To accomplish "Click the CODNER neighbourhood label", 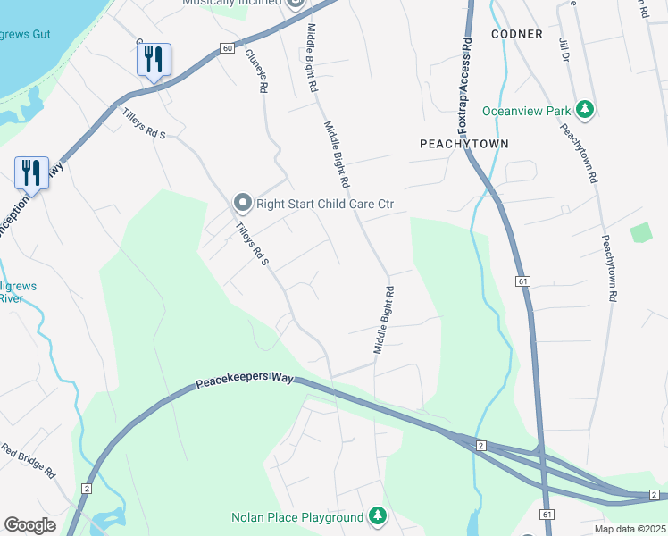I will [x=517, y=34].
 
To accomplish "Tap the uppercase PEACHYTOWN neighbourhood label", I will [x=464, y=143].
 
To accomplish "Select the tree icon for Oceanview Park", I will [x=585, y=110].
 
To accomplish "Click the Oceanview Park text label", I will [x=526, y=111].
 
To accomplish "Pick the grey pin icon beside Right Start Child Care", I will [x=242, y=204].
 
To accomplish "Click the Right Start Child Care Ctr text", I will [x=325, y=204].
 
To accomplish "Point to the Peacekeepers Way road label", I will [x=245, y=381].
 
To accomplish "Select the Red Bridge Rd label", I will [x=29, y=460].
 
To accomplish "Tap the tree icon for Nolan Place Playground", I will [x=378, y=516].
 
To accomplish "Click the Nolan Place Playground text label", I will [x=297, y=517].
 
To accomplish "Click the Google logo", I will [x=29, y=525].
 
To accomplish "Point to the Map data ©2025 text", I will [x=630, y=529].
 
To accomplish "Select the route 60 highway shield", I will [x=229, y=47].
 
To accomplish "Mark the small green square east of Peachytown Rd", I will [x=640, y=232].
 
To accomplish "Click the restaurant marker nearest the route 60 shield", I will [x=154, y=61].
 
